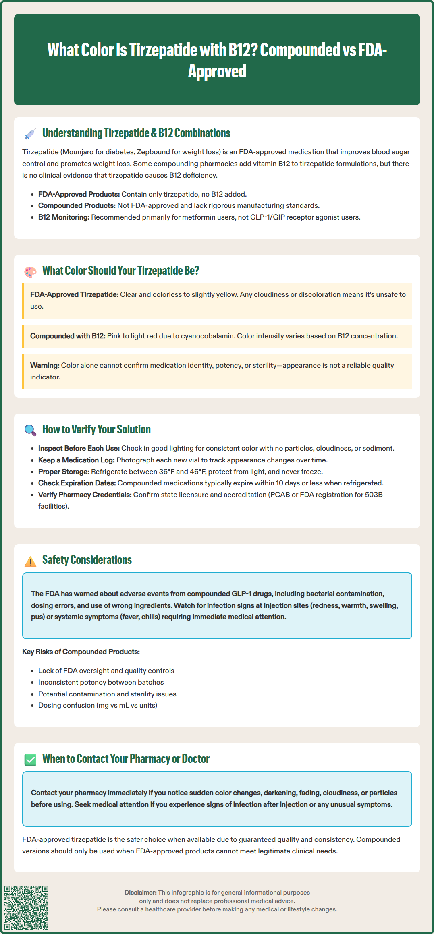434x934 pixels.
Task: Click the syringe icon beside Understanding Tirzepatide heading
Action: click(x=30, y=134)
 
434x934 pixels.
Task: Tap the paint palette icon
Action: click(x=30, y=272)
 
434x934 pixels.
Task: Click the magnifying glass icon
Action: click(x=30, y=430)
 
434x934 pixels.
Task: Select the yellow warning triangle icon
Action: click(x=30, y=561)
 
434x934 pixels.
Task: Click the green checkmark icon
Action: click(x=30, y=760)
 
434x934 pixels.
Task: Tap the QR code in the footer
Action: click(x=26, y=907)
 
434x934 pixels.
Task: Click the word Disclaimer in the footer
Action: click(x=140, y=893)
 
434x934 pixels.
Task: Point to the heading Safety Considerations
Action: click(x=87, y=560)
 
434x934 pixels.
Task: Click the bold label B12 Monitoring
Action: click(x=64, y=217)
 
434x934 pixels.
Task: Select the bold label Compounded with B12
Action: click(x=67, y=336)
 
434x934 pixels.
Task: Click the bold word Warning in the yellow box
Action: click(x=44, y=365)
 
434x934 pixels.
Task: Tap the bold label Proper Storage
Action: click(x=64, y=472)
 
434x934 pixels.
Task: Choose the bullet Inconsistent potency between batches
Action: click(x=101, y=682)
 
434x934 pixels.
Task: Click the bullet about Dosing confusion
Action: click(x=98, y=705)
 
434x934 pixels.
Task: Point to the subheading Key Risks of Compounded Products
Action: click(x=81, y=652)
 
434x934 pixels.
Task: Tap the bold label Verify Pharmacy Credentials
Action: click(x=85, y=495)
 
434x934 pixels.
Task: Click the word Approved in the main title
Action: click(x=217, y=71)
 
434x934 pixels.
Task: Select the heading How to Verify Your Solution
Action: click(x=96, y=429)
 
